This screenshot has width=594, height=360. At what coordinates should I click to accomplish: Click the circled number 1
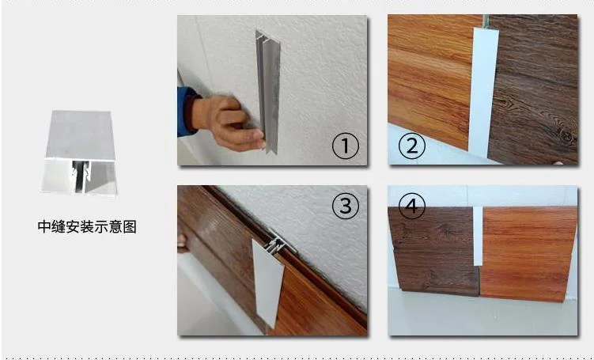coord(345,146)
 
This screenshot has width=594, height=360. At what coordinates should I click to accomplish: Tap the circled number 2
coord(412,146)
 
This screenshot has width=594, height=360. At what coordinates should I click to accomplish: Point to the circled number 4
coord(411,208)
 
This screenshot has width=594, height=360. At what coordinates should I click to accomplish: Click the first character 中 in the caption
coord(44,227)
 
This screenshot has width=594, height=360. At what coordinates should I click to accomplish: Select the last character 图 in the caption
coord(130,227)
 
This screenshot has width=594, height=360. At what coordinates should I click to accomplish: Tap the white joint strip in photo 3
coord(268,281)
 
